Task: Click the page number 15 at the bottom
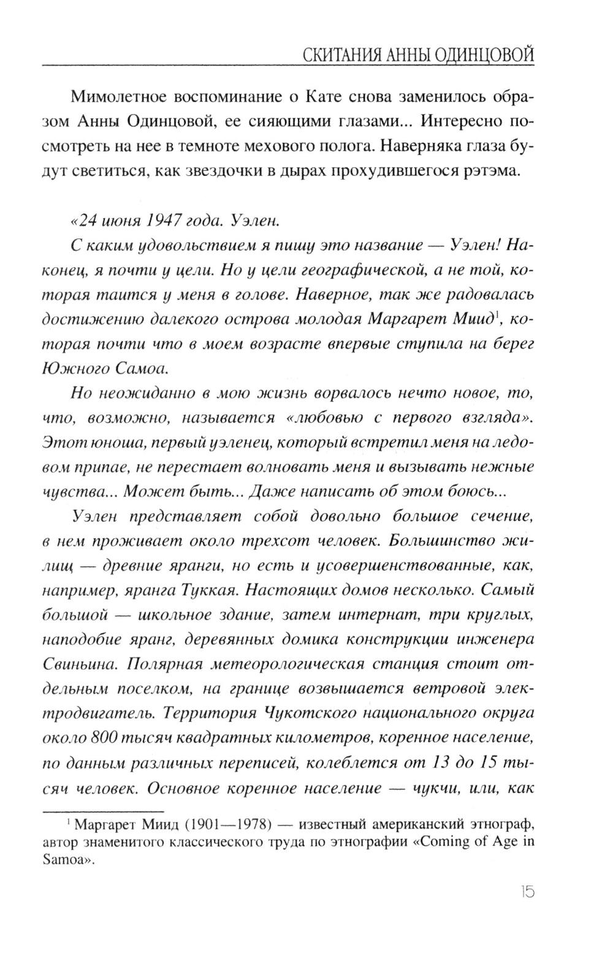[x=526, y=891]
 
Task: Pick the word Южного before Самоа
[x=76, y=368]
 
